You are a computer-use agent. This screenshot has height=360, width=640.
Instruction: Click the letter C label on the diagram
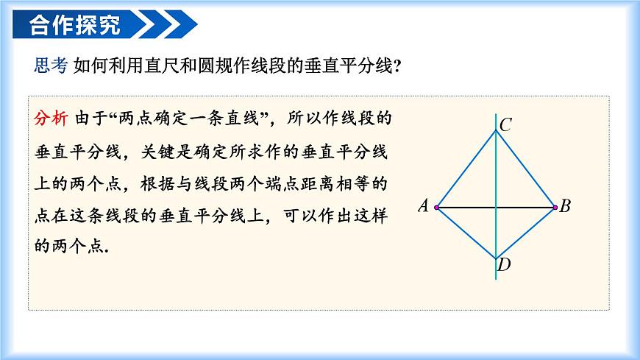point(505,125)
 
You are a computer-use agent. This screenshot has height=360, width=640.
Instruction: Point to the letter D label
point(504,265)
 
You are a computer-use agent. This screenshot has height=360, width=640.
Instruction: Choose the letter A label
point(423,206)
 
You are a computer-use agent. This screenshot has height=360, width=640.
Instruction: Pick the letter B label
point(565,206)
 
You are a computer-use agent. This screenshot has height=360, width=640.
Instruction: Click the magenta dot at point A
point(437,208)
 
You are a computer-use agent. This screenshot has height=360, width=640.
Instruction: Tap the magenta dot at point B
point(555,208)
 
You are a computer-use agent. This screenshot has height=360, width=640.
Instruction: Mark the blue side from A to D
point(467,233)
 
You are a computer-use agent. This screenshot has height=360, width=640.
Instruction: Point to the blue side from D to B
point(525,233)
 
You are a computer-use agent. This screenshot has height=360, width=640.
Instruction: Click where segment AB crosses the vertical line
point(496,208)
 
